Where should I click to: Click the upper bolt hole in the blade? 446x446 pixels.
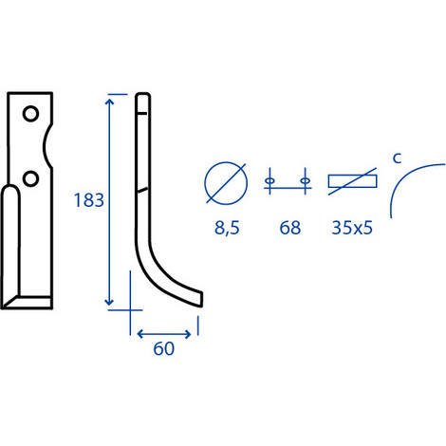click(31, 114)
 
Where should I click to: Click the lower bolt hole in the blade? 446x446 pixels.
click(31, 178)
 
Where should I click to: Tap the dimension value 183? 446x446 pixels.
click(89, 200)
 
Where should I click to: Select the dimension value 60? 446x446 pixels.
click(164, 348)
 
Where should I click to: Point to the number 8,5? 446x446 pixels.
click(227, 228)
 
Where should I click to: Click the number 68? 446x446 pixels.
click(289, 228)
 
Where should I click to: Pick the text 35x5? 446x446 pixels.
click(352, 228)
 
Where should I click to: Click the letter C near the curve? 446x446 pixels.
click(397, 158)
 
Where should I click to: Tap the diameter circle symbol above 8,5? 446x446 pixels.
click(226, 183)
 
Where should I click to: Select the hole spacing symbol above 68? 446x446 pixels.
click(288, 181)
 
